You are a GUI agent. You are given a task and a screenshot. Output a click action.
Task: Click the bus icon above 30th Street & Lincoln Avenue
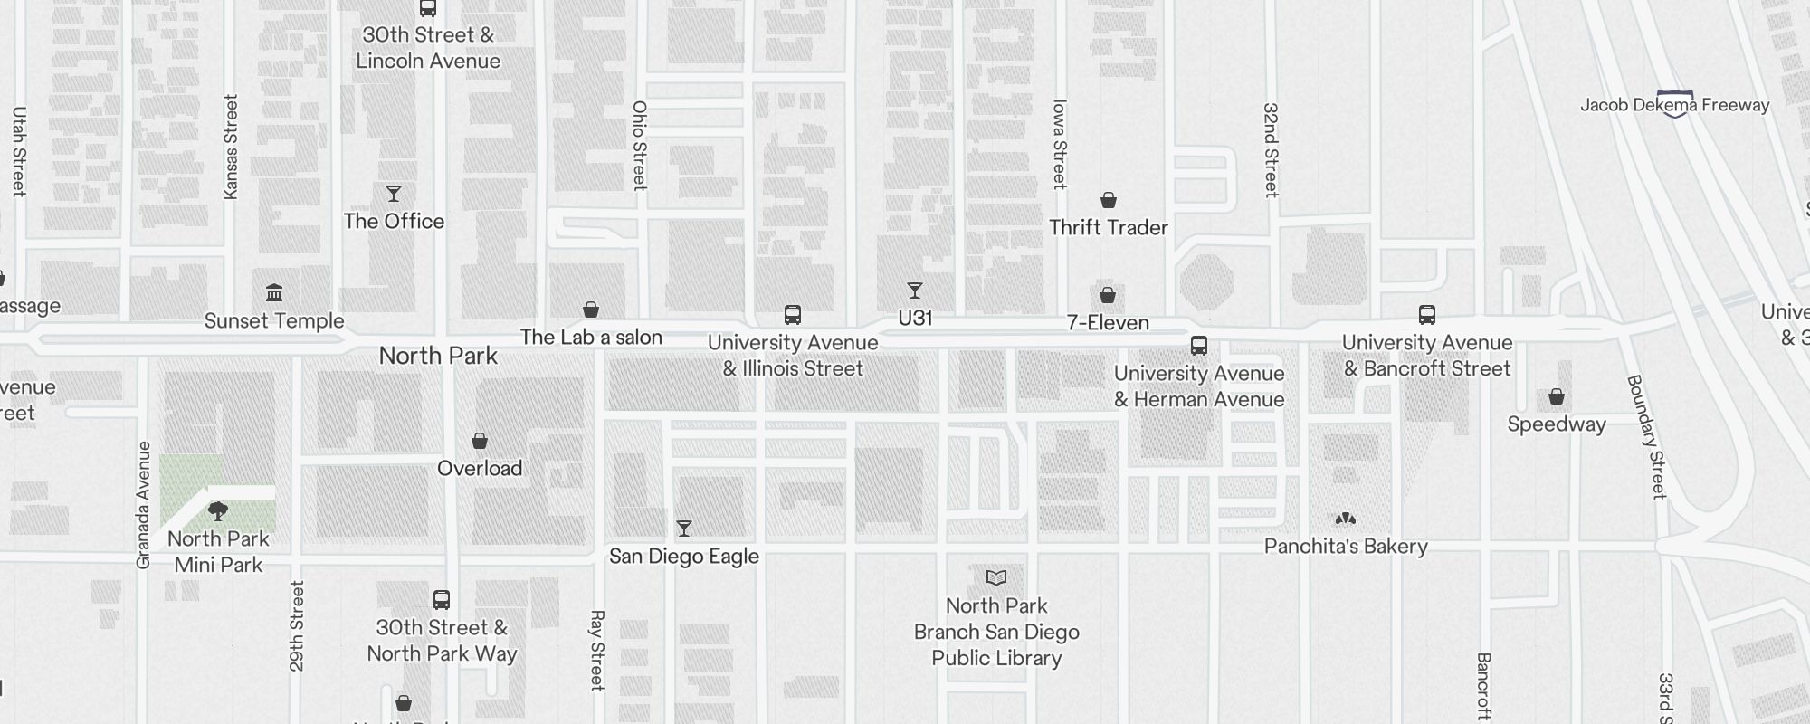[x=428, y=9]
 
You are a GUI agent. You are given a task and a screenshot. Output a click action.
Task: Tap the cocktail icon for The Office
[x=394, y=194]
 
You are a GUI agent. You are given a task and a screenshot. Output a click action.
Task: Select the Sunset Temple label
[x=274, y=321]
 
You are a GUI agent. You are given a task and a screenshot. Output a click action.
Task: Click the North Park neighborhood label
[x=438, y=356]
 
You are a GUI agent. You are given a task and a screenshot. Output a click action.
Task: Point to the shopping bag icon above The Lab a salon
[x=591, y=310]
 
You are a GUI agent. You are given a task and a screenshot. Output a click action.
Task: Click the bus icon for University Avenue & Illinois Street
[x=793, y=315]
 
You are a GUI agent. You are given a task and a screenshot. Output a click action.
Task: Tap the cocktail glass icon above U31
[x=915, y=291]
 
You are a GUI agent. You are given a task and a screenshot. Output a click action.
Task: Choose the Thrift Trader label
[x=1108, y=228]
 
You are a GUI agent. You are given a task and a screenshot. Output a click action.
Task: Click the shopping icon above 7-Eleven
[x=1108, y=295]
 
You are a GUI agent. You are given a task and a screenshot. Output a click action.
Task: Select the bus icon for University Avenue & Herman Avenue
[x=1199, y=346]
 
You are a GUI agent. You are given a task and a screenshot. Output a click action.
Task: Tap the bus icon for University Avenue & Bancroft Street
[x=1427, y=315]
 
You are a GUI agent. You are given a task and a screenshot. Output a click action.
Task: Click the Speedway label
[x=1556, y=424]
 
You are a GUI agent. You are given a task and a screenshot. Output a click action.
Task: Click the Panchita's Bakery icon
[x=1346, y=519]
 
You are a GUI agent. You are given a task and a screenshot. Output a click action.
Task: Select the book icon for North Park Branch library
[x=996, y=577]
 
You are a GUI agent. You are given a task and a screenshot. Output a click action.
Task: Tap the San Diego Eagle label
[x=683, y=557]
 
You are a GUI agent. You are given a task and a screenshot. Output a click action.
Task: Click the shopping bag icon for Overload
[x=480, y=441]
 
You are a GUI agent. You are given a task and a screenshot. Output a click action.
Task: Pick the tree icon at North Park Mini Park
[x=218, y=511]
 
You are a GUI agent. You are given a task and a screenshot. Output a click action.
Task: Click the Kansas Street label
[x=231, y=147]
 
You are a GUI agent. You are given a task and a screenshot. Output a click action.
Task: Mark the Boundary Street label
[x=1646, y=436]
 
